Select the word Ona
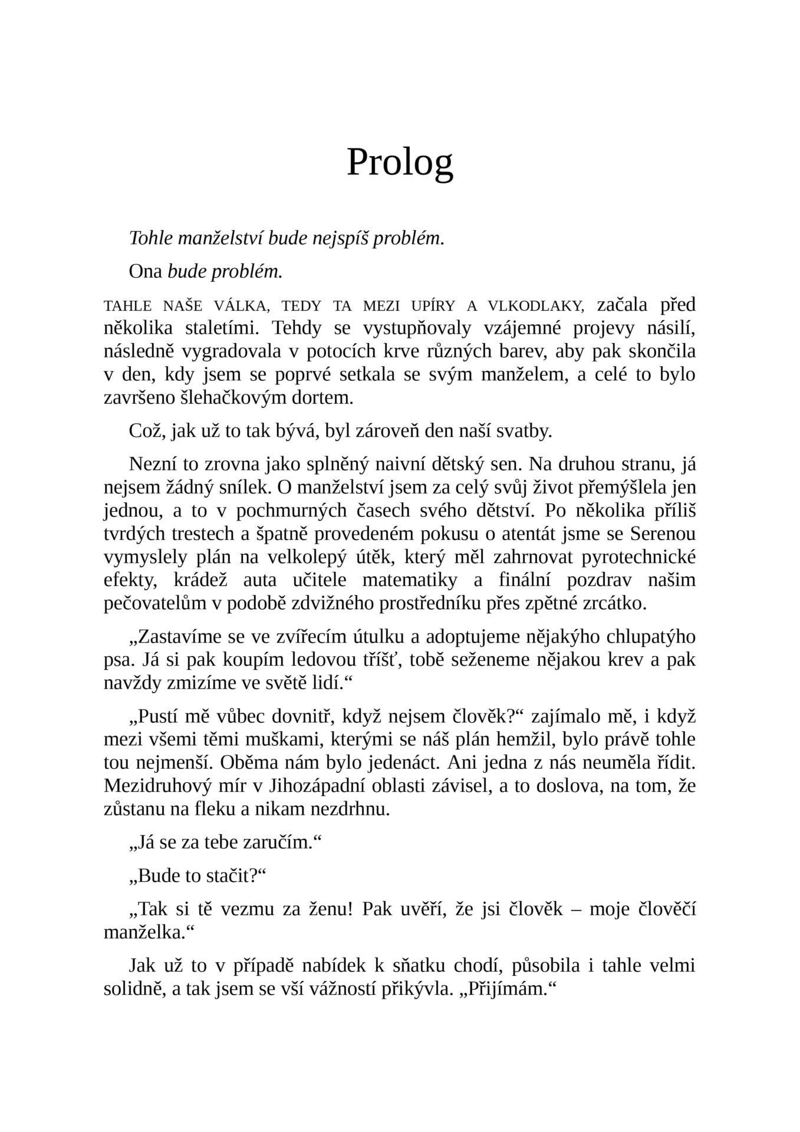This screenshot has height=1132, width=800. click(x=146, y=271)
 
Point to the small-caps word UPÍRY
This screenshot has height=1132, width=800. click(x=431, y=306)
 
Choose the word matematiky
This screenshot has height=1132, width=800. click(x=410, y=580)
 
